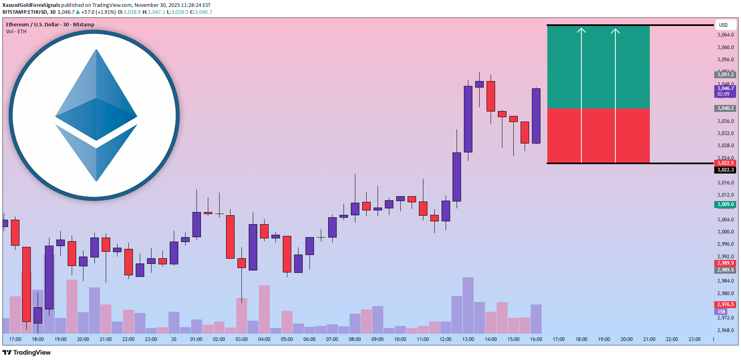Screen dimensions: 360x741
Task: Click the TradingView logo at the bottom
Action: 26,352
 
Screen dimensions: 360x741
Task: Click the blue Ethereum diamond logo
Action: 96,115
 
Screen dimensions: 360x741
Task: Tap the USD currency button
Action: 723,25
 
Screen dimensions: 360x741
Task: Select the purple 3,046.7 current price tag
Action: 725,91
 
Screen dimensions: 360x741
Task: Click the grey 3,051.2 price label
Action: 725,74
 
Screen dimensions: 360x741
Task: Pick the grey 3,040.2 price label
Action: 725,108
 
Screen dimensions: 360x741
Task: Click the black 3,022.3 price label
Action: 725,170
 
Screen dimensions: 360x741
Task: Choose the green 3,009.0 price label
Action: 725,204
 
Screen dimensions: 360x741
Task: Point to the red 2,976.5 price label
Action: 725,304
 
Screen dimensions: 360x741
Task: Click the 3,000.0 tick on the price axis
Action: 725,232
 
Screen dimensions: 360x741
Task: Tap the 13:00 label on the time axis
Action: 468,339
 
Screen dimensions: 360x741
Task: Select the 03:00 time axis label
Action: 241,339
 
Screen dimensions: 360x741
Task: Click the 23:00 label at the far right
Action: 694,339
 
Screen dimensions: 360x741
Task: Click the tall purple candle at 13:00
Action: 468,119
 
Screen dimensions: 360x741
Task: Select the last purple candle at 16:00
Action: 536,116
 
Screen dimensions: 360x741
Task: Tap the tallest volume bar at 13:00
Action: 468,305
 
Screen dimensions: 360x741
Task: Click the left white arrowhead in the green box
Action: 581,31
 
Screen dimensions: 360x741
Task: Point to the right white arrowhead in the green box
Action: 615,31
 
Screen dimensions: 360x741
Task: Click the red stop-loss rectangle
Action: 598,135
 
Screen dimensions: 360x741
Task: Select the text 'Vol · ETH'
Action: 16,32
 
